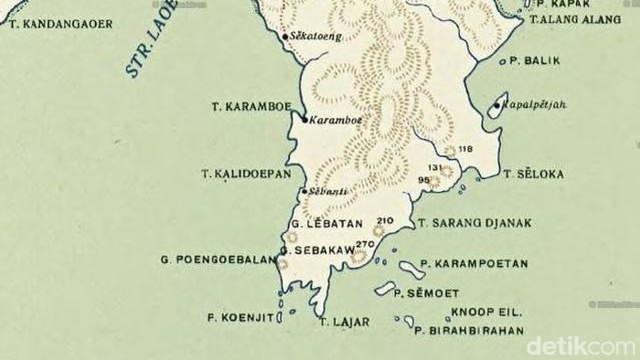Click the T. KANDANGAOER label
(x=61, y=24)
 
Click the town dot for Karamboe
(x=305, y=119)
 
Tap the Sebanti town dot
(x=304, y=192)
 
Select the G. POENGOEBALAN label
(x=218, y=259)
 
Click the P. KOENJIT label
(x=236, y=318)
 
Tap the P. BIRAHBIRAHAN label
(x=470, y=331)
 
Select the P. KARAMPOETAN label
(x=474, y=263)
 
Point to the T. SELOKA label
(x=534, y=174)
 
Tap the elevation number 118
(x=465, y=149)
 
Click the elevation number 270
(x=365, y=244)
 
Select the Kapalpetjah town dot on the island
(x=496, y=105)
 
